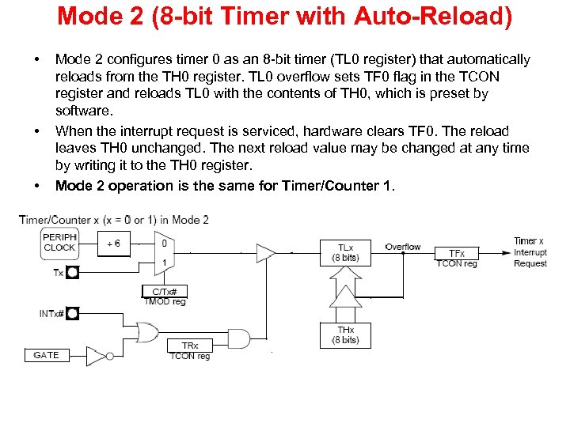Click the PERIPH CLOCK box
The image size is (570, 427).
point(59,243)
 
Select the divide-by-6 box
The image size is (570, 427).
point(114,243)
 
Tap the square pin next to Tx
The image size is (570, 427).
point(73,273)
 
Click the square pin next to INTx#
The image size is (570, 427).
point(73,314)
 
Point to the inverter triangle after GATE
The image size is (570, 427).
point(96,355)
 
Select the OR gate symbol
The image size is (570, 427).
point(147,331)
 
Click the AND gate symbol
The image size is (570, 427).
point(237,339)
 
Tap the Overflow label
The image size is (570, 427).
point(403,247)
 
